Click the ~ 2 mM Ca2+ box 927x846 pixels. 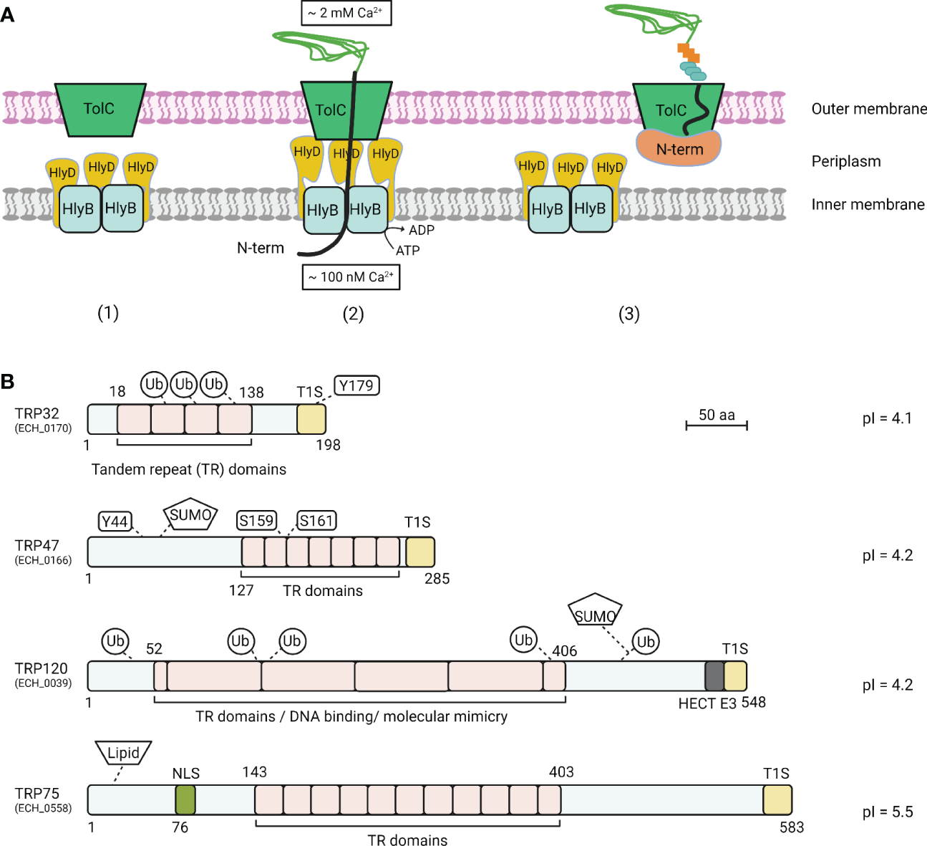tap(346, 13)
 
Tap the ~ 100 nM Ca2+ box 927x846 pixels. tap(351, 277)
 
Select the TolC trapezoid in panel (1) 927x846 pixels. tap(100, 109)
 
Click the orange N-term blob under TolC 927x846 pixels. tap(679, 149)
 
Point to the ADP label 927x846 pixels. tap(421, 230)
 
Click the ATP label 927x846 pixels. tap(408, 250)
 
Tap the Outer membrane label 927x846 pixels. tap(868, 109)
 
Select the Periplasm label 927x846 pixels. tap(845, 161)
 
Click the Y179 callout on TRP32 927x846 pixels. tap(356, 385)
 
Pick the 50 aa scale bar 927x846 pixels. tap(717, 426)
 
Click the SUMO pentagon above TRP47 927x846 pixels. tap(190, 514)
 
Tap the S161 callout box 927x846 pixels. tap(316, 521)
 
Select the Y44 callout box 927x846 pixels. tap(115, 521)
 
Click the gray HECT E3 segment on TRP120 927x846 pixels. tap(714, 676)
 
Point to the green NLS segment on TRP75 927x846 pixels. tap(185, 799)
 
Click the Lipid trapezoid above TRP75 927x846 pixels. tap(123, 753)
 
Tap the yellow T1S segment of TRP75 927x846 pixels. tap(777, 799)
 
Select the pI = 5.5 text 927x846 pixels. tap(887, 812)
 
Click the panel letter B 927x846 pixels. tap(8, 381)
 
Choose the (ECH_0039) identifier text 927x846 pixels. tap(44, 683)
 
